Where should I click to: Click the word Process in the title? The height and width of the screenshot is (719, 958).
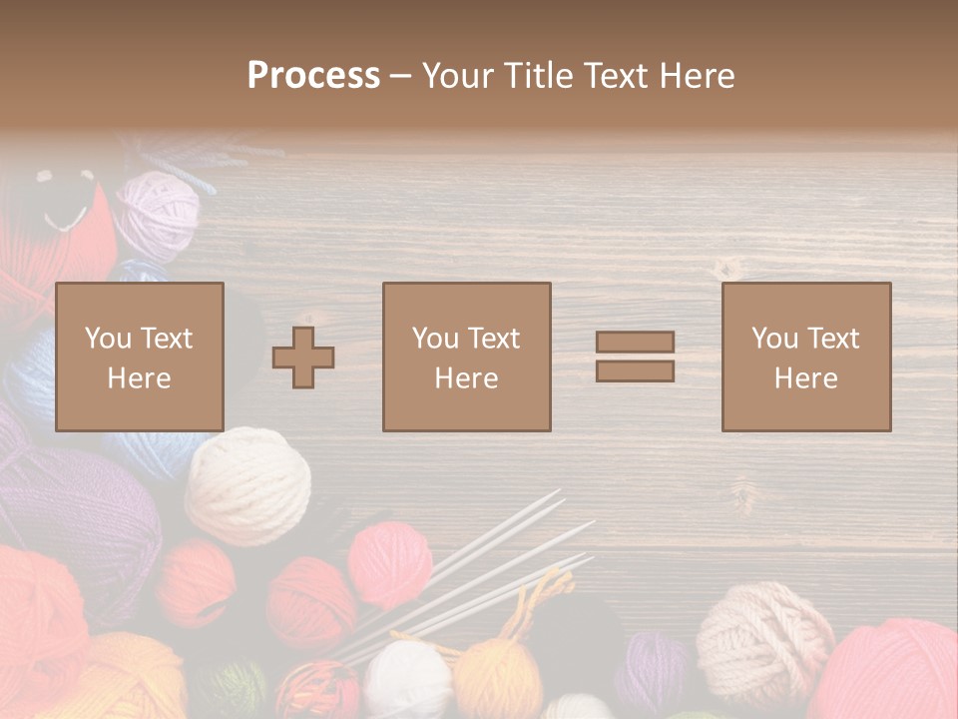313,75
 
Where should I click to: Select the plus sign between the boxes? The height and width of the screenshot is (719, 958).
303,358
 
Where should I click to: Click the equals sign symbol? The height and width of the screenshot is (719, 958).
635,357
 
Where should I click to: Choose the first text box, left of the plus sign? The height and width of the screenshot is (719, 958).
139,357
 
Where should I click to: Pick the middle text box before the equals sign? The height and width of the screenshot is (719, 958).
466,357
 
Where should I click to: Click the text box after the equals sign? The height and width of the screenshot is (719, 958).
805,357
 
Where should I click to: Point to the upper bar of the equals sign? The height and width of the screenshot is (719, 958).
635,343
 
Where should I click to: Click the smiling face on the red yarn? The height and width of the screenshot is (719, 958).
65,200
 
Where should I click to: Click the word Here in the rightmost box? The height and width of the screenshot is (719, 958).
805,378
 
